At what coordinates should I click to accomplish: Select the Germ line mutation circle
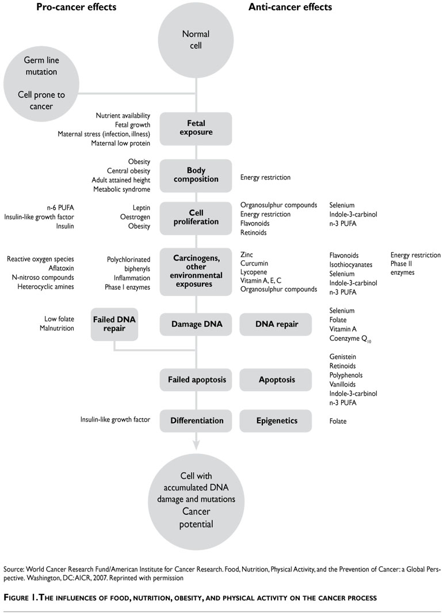point(40,84)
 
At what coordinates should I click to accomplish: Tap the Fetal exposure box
point(196,128)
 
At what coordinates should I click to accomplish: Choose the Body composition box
point(196,175)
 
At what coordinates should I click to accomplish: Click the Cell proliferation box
point(196,218)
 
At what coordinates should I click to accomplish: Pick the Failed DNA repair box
point(114,324)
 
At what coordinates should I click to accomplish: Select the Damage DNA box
point(197,324)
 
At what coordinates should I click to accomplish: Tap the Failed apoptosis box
point(197,380)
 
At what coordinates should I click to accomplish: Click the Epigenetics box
point(277,421)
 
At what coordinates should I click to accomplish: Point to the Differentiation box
point(197,421)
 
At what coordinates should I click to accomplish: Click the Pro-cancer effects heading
point(76,7)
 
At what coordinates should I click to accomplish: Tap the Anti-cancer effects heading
point(289,7)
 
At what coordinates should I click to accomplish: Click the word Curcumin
point(255,264)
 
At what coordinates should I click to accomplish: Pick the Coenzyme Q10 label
point(350,339)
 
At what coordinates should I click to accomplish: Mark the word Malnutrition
point(56,328)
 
